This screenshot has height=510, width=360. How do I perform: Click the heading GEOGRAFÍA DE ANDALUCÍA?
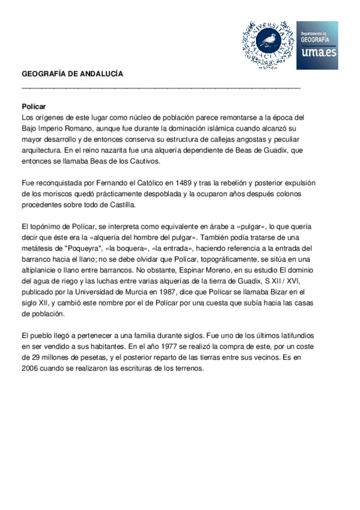(x=72, y=73)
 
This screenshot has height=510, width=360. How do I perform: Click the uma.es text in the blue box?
(x=319, y=52)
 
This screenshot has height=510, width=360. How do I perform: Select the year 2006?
(x=31, y=368)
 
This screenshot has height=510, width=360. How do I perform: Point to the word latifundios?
(x=291, y=335)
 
